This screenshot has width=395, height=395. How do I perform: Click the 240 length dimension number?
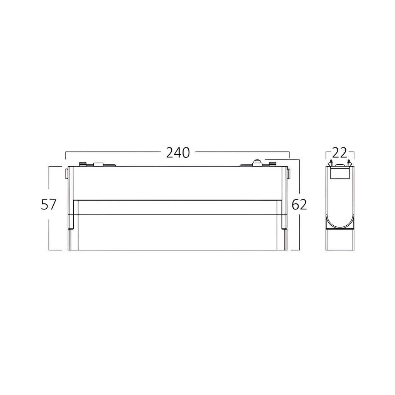(x=178, y=153)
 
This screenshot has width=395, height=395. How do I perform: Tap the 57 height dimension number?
(x=48, y=204)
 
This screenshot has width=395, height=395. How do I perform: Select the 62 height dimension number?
(x=299, y=204)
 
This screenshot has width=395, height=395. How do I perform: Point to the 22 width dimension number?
(x=340, y=153)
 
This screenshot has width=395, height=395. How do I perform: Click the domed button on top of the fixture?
(x=257, y=163)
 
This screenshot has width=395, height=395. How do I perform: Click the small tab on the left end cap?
(x=66, y=174)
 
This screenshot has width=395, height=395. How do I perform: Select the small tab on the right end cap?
(x=289, y=174)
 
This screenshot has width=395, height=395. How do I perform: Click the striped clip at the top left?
(x=83, y=164)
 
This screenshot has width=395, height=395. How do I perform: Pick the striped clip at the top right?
(x=272, y=164)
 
